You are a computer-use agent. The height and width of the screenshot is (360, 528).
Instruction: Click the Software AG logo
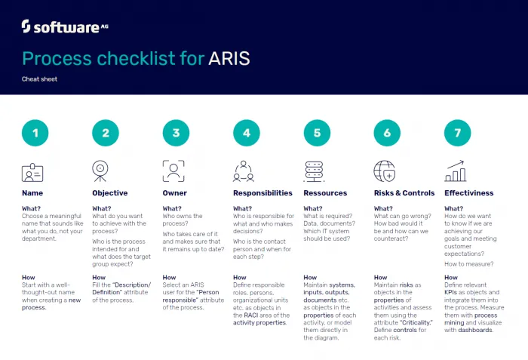click(x=65, y=26)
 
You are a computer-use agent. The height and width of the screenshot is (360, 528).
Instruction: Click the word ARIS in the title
click(x=229, y=58)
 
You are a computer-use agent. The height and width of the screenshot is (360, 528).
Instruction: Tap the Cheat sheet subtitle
click(x=39, y=79)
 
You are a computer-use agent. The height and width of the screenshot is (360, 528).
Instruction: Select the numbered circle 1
click(x=35, y=133)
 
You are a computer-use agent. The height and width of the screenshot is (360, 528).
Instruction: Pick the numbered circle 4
click(x=247, y=133)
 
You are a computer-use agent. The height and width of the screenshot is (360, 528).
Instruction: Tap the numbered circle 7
click(x=458, y=133)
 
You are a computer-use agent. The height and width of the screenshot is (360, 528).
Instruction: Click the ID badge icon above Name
click(x=32, y=173)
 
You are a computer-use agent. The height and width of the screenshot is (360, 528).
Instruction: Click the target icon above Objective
click(x=100, y=171)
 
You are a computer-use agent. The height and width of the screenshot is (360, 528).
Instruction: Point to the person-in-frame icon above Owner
click(x=173, y=171)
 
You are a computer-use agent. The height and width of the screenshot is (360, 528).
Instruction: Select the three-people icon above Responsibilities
click(x=244, y=171)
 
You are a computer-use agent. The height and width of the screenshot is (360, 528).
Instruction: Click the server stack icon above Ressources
click(x=314, y=171)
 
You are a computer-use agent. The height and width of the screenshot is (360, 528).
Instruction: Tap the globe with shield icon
click(x=385, y=171)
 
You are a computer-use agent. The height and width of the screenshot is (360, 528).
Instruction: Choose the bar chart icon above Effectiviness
click(x=456, y=171)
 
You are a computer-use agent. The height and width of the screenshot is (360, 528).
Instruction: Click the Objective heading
click(x=110, y=193)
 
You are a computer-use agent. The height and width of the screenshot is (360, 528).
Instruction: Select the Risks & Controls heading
click(x=404, y=193)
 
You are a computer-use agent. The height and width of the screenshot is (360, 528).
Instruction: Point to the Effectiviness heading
click(x=468, y=193)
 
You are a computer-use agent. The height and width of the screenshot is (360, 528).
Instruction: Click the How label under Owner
click(x=169, y=278)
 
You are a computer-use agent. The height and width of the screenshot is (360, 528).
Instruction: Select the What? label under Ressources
click(x=313, y=208)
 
